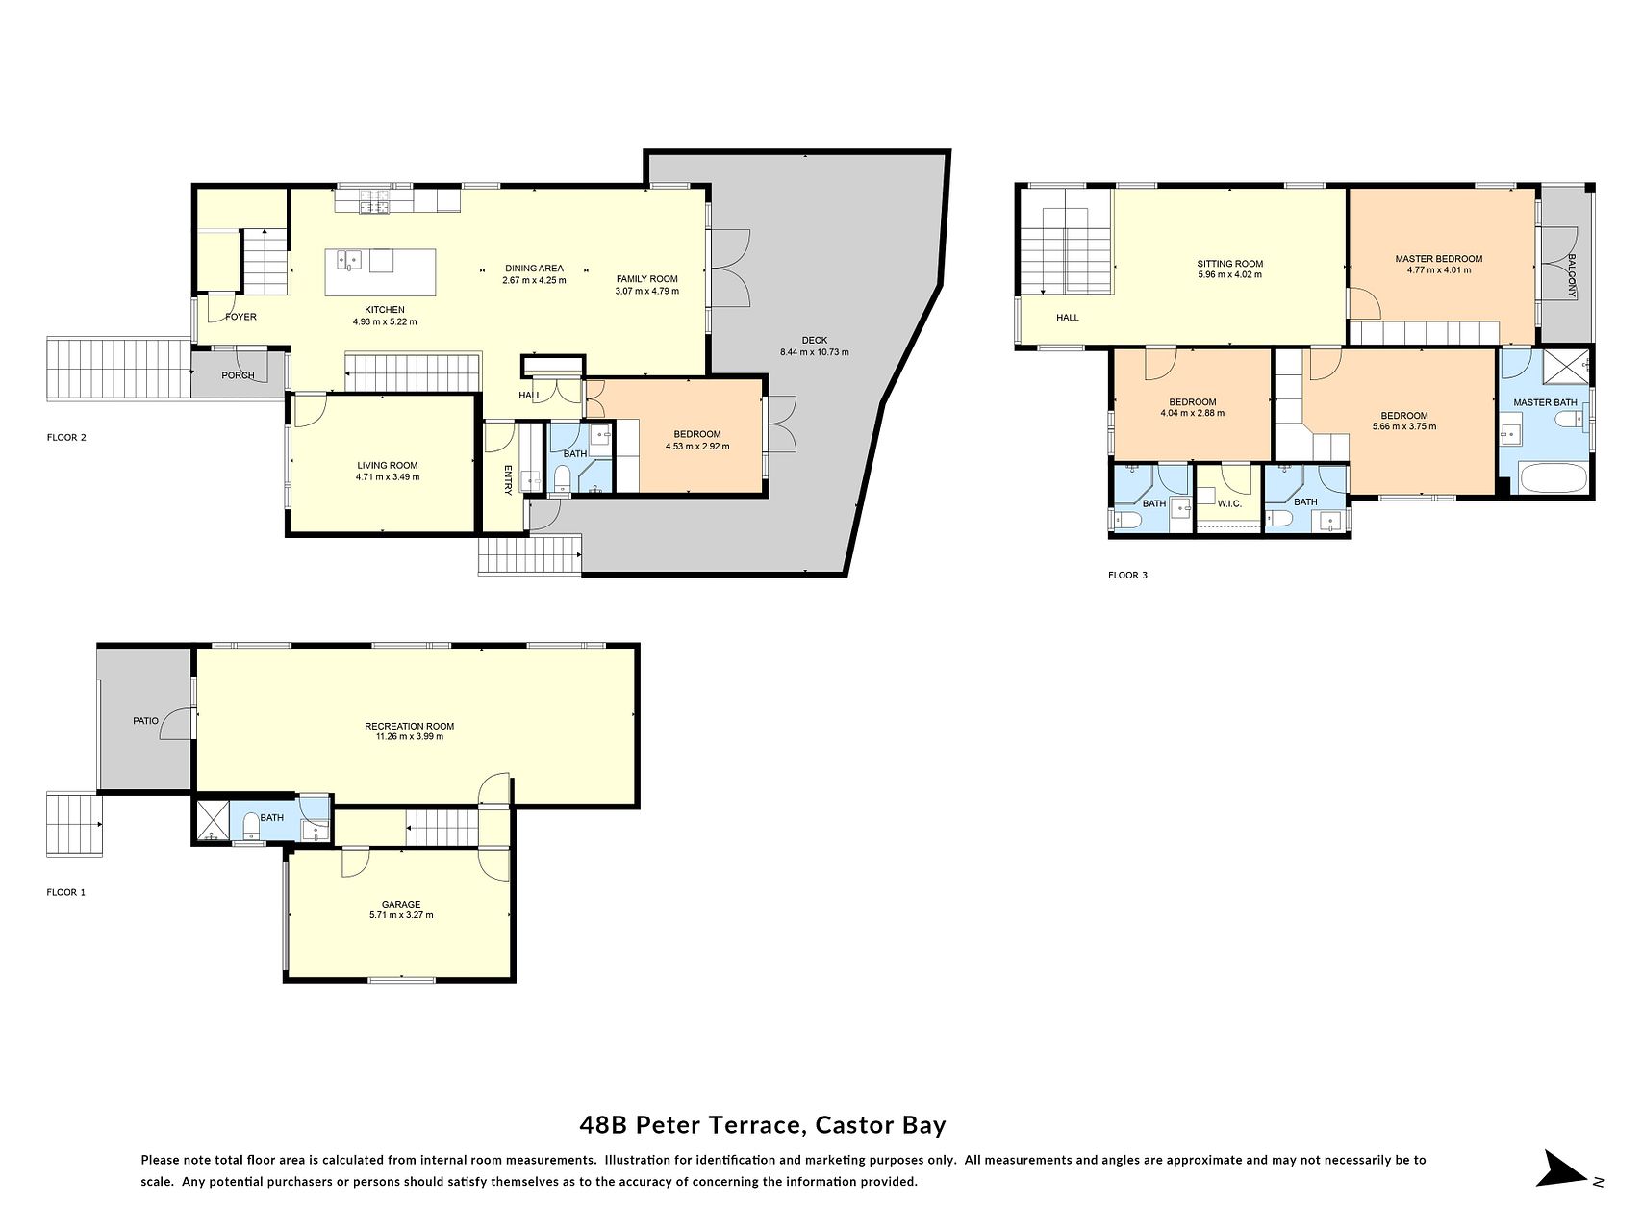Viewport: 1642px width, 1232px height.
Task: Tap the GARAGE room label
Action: tap(401, 904)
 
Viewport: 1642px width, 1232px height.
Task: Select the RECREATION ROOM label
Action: tap(409, 726)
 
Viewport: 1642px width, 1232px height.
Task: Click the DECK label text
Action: tap(814, 340)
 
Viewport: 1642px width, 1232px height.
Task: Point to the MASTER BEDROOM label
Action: tap(1438, 258)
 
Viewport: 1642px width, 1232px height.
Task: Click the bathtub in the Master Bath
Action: tap(1553, 478)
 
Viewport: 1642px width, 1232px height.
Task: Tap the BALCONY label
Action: tap(1571, 275)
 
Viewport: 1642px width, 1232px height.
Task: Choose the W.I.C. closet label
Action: tap(1229, 503)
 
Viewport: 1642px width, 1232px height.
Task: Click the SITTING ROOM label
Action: tap(1229, 263)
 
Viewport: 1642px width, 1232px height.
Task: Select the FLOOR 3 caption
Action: tap(1127, 575)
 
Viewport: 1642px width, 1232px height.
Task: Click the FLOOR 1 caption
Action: tap(66, 892)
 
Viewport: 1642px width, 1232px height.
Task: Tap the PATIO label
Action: tap(145, 720)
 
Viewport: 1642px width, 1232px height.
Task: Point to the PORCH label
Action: tap(238, 375)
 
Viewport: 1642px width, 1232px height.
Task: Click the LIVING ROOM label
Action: tap(388, 465)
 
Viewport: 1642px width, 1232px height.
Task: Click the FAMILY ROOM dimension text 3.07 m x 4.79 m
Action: tap(647, 291)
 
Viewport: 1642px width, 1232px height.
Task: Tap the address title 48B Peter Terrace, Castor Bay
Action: tap(763, 1124)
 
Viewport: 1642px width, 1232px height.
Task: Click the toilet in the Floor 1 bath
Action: tap(251, 825)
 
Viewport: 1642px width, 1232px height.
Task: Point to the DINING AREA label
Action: tap(534, 269)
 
